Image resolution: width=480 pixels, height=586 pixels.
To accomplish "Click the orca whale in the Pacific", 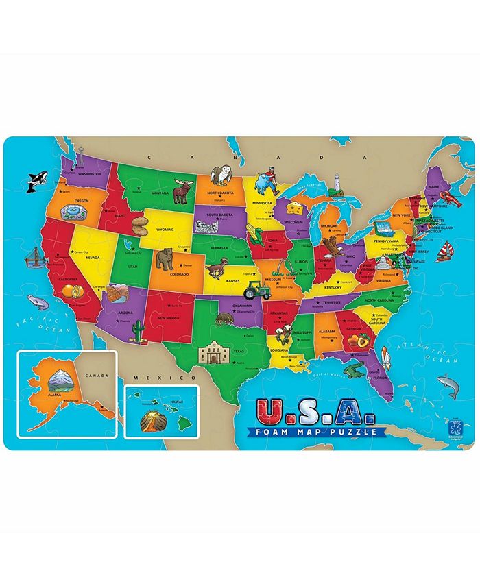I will coord(33,182).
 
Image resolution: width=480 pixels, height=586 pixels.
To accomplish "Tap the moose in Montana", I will coord(181,192).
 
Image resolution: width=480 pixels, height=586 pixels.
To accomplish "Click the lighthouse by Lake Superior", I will coord(337,182).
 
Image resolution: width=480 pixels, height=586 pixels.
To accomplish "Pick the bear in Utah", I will coord(165,259).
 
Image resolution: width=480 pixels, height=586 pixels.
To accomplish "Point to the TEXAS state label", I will coord(239,352).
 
